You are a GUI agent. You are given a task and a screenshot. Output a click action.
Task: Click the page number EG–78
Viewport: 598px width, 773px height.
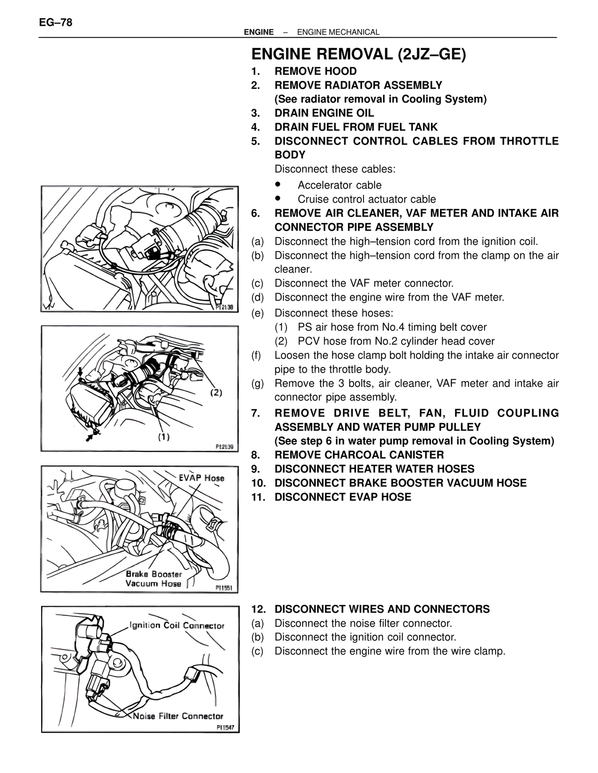click(56, 22)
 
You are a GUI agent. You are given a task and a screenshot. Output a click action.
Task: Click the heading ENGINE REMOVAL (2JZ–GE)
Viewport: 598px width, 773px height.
click(358, 55)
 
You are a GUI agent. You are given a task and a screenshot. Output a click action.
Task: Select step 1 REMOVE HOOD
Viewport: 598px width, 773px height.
click(315, 71)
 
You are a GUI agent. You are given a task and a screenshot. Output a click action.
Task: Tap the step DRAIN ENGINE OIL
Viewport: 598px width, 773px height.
click(324, 113)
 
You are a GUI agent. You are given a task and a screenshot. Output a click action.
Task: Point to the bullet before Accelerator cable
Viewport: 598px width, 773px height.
click(278, 184)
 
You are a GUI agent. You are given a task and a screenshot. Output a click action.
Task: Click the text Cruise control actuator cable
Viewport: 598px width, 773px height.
click(367, 199)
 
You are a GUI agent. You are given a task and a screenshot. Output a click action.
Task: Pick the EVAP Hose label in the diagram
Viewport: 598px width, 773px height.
click(201, 478)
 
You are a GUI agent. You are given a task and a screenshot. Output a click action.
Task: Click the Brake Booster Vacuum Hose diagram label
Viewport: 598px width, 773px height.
click(154, 579)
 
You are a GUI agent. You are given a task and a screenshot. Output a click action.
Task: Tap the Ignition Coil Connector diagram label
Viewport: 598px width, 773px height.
click(177, 625)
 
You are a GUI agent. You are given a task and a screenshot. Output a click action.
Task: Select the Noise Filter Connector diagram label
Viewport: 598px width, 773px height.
click(178, 716)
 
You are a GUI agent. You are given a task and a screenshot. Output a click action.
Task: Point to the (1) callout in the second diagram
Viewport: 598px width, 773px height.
click(163, 437)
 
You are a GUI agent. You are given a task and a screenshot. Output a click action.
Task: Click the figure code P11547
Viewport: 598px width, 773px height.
click(225, 727)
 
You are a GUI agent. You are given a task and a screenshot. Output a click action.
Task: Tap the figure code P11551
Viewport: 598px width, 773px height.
click(224, 588)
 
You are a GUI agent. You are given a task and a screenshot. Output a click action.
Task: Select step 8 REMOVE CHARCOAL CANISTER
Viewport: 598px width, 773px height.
click(359, 455)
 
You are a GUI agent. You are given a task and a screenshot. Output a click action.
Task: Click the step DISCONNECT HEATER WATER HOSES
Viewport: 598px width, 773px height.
click(374, 469)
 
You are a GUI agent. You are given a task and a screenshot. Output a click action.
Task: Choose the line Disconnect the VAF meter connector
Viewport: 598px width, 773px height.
click(364, 283)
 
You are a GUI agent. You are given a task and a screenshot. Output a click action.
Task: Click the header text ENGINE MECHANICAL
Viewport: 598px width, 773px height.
click(338, 32)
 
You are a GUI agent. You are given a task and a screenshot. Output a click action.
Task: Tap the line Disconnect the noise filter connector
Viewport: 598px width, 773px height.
click(363, 623)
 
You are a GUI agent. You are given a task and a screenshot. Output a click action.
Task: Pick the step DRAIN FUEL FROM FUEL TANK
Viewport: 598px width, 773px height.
click(356, 127)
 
